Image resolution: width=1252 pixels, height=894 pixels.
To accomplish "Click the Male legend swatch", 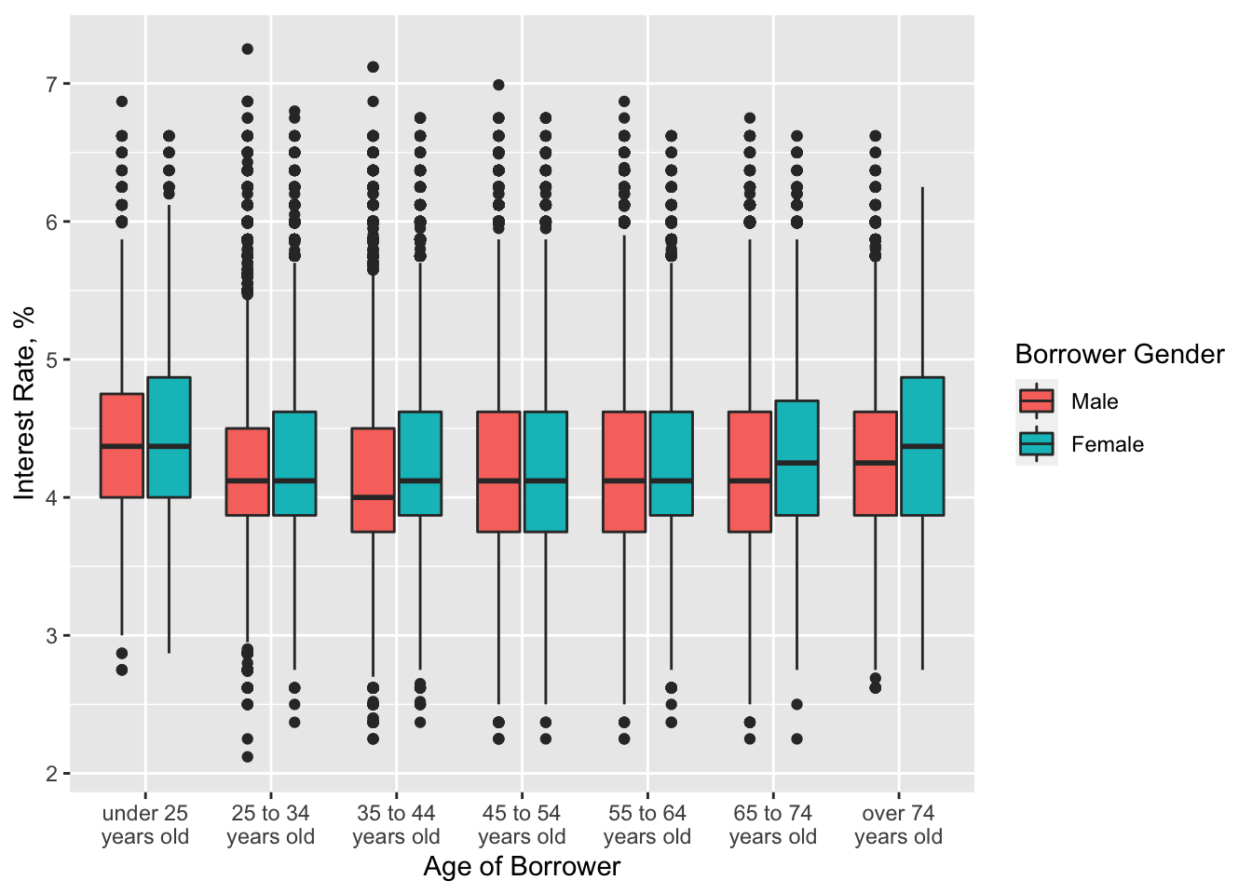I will [x=1037, y=401].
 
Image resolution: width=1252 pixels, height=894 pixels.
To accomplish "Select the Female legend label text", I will [x=1107, y=444].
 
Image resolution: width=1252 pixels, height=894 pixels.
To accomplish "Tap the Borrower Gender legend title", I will [x=1119, y=355].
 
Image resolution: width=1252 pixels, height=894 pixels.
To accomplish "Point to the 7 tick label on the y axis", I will [x=52, y=85].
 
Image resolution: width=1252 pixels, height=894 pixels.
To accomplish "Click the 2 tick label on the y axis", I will [x=52, y=774].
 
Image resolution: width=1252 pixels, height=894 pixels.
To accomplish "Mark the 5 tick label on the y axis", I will [x=52, y=360].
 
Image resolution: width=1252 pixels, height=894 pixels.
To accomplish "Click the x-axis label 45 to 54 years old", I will [x=522, y=825].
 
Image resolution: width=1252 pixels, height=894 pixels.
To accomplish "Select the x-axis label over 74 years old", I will [x=898, y=825].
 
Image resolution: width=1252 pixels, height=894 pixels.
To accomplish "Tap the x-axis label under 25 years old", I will [x=145, y=825].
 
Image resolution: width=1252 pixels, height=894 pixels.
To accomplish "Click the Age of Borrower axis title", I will [x=522, y=867].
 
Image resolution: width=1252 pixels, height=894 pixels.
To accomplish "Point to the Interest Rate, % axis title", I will [x=25, y=402].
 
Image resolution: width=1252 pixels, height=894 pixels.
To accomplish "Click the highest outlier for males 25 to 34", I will [x=248, y=49].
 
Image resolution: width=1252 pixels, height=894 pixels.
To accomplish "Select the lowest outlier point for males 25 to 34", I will [x=248, y=756].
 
